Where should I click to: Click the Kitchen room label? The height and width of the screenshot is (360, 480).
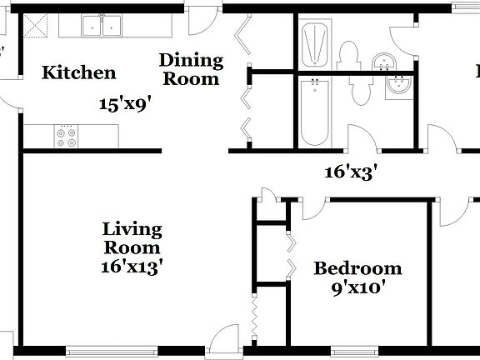(79, 72)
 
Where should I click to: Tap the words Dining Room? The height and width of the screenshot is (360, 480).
(191, 69)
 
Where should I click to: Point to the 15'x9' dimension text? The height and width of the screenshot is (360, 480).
(125, 104)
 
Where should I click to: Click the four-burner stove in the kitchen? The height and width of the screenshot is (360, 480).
(66, 136)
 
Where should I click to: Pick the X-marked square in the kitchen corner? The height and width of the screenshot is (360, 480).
(33, 27)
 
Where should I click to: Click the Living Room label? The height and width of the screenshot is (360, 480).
(132, 238)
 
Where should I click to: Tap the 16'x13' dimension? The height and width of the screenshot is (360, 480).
(132, 267)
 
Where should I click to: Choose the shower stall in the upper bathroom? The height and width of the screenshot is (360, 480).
(316, 46)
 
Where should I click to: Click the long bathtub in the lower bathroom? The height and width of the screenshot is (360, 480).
(314, 112)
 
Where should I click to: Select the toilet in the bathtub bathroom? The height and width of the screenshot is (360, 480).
(363, 92)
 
